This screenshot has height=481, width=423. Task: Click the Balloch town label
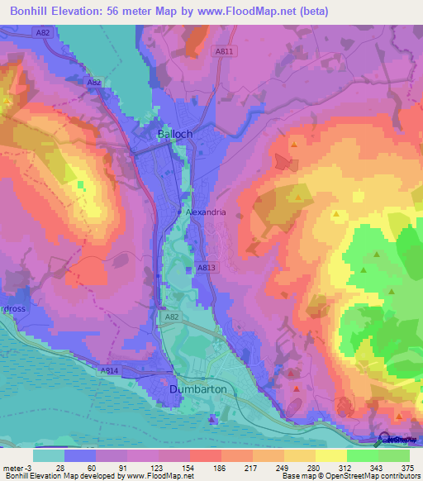(x=175, y=133)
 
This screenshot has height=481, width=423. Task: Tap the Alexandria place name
(x=206, y=212)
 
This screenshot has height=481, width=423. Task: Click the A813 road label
(x=207, y=268)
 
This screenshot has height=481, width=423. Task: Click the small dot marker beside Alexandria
(x=181, y=212)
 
